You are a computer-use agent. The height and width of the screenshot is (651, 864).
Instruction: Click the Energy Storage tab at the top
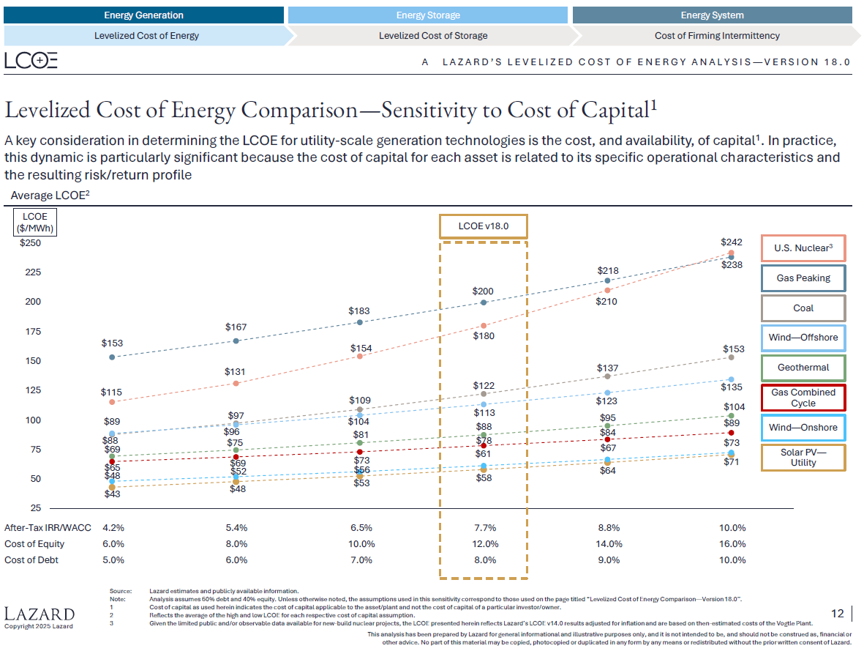pyautogui.click(x=428, y=15)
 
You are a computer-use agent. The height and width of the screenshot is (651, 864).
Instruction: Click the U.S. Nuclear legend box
pyautogui.click(x=803, y=248)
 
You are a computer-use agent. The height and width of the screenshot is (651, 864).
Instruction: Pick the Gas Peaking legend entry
pyautogui.click(x=803, y=278)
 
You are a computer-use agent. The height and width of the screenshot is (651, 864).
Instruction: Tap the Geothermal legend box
pyautogui.click(x=803, y=368)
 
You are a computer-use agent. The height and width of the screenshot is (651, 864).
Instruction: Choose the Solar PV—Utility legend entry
pyautogui.click(x=803, y=458)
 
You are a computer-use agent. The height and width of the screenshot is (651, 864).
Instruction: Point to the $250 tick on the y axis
pyautogui.click(x=30, y=243)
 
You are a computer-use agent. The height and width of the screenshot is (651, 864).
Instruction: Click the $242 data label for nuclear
pyautogui.click(x=732, y=242)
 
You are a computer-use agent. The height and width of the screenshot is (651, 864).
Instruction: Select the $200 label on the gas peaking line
pyautogui.click(x=483, y=291)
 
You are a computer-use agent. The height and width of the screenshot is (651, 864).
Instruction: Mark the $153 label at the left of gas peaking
pyautogui.click(x=112, y=343)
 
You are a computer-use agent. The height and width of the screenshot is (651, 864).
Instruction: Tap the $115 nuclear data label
pyautogui.click(x=112, y=393)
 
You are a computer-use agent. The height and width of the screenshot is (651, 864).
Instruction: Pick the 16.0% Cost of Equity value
pyautogui.click(x=732, y=544)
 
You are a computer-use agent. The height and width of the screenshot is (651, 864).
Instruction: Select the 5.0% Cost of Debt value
pyautogui.click(x=113, y=560)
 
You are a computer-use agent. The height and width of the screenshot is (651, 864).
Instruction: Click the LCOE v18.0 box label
pyautogui.click(x=483, y=226)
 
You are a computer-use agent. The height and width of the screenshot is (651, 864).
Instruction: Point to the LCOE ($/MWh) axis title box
pyautogui.click(x=35, y=222)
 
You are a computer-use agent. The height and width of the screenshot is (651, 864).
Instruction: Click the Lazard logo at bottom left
pyautogui.click(x=40, y=614)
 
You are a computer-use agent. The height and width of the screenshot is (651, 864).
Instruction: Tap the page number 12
pyautogui.click(x=838, y=614)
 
